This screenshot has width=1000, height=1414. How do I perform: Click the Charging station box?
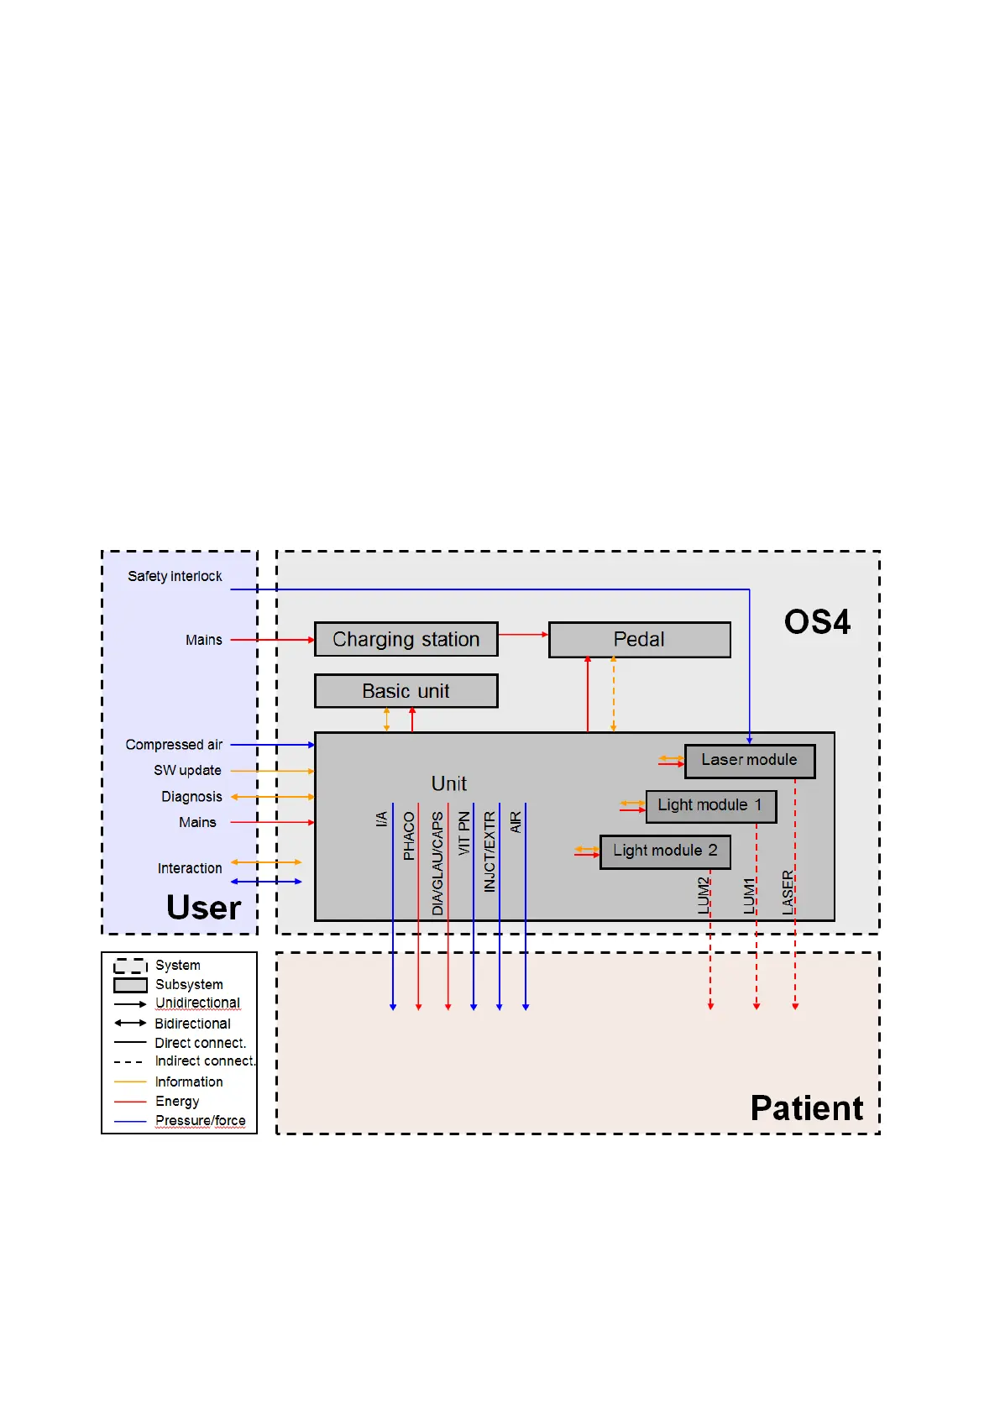406,639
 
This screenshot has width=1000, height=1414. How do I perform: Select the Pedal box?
640,640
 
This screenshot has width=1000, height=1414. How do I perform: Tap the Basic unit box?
406,690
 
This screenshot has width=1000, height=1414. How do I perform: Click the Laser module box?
749,761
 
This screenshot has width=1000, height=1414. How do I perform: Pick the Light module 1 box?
711,806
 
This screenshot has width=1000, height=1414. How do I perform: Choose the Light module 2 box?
665,851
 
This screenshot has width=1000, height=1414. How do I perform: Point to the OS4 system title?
817,622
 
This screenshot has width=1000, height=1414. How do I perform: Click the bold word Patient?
806,1108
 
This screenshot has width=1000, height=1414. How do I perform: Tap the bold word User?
203,907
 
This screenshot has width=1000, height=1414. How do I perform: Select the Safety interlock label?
175,576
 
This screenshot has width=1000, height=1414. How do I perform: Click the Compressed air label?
175,745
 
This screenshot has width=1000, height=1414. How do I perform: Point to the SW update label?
187,770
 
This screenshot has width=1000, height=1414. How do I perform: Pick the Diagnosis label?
192,797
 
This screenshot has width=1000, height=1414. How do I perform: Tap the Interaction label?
190,868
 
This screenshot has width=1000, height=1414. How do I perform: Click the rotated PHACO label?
409,835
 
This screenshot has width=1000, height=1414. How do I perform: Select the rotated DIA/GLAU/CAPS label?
437,863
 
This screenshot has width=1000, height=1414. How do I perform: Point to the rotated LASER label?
788,892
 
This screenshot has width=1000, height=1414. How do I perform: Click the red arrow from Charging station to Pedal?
523,635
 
